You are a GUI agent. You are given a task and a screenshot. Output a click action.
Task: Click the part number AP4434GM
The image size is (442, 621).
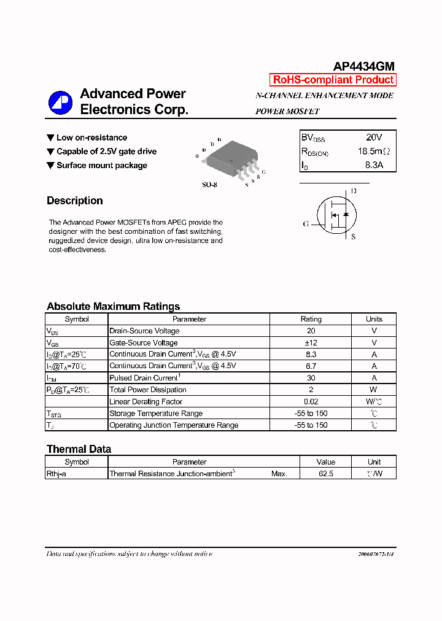coord(363,66)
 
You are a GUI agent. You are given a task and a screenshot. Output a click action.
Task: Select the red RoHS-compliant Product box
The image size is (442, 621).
coord(333,80)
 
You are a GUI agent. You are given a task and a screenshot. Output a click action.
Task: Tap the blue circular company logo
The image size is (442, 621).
coord(60,102)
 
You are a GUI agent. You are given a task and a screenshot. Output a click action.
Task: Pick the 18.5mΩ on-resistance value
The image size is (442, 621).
coord(373,152)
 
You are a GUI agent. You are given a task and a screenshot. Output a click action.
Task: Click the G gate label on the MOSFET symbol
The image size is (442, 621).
coord(305,224)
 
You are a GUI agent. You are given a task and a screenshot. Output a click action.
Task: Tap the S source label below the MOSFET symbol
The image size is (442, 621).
coord(353,237)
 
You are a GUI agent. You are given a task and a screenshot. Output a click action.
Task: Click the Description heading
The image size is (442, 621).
coord(75,201)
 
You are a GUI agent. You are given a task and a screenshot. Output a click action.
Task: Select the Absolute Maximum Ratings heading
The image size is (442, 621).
coord(113,306)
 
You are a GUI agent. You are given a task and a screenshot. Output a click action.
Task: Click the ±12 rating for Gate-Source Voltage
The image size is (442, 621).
coord(311,342)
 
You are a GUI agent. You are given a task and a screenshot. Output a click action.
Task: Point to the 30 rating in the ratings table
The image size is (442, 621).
coord(311,378)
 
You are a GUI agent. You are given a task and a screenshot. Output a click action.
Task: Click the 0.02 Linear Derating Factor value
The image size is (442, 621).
coord(311,401)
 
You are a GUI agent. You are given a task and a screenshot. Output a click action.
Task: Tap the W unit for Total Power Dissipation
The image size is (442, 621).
coord(374,390)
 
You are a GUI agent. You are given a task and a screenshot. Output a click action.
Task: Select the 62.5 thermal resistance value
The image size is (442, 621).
coord(325,474)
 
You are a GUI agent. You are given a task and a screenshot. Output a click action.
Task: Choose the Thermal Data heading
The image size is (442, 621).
coord(79,449)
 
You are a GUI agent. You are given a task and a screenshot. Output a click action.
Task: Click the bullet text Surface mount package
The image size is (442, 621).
coord(101,165)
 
